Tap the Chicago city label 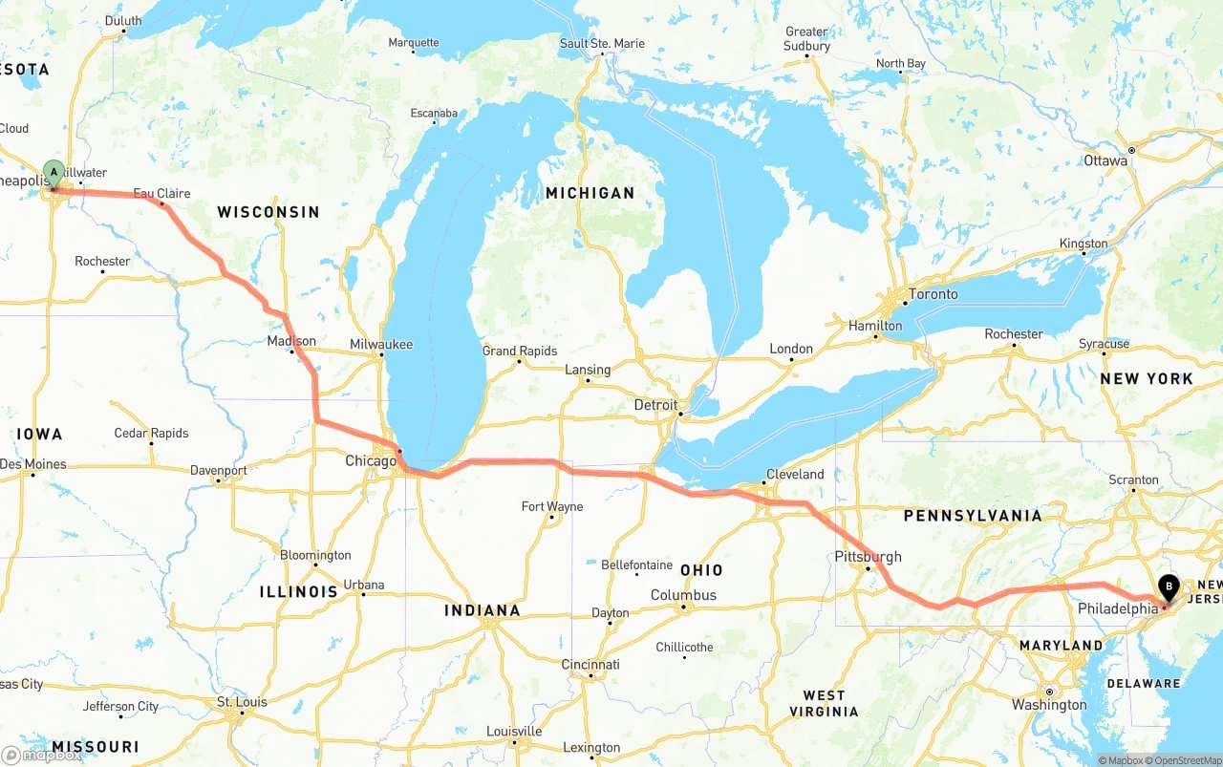[x=371, y=461]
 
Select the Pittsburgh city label [x=867, y=557]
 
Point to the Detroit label [x=655, y=405]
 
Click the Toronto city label [x=933, y=294]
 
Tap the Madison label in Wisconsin [x=291, y=341]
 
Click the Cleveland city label [x=794, y=474]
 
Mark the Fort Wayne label [x=551, y=506]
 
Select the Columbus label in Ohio [x=683, y=595]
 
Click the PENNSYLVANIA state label [x=973, y=516]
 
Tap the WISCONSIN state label [x=268, y=212]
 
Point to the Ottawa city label [x=1105, y=160]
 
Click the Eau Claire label [x=161, y=193]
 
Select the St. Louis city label [x=242, y=702]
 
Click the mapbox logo [x=41, y=755]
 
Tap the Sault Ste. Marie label [x=602, y=44]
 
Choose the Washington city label [x=1049, y=705]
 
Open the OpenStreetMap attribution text [x=1187, y=760]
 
